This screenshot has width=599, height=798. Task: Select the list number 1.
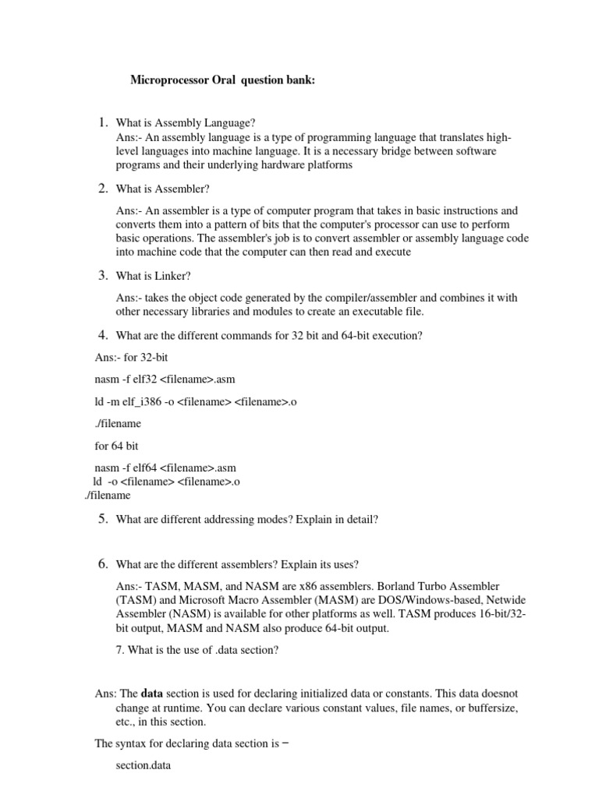(x=102, y=122)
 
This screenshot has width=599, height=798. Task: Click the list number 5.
(x=102, y=519)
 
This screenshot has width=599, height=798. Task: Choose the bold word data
(x=153, y=693)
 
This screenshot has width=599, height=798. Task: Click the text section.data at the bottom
(x=143, y=766)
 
